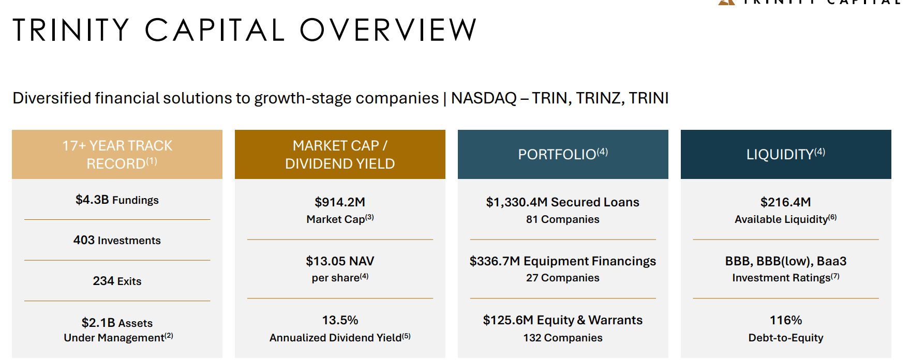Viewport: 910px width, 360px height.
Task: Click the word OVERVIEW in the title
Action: point(388,30)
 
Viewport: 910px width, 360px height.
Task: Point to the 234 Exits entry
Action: point(117,281)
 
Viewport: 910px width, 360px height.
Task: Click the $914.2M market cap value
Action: point(340,202)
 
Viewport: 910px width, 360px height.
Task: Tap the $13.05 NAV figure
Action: point(340,261)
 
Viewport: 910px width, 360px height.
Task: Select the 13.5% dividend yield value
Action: point(340,320)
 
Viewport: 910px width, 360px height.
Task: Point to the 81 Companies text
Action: point(562,219)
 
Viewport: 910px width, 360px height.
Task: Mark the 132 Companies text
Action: point(562,338)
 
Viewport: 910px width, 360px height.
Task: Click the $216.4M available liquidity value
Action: point(785,202)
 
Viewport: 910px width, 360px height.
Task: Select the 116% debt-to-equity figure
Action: point(785,320)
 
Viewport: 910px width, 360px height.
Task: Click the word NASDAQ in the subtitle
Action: point(484,98)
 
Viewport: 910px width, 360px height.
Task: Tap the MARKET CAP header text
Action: point(336,146)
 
